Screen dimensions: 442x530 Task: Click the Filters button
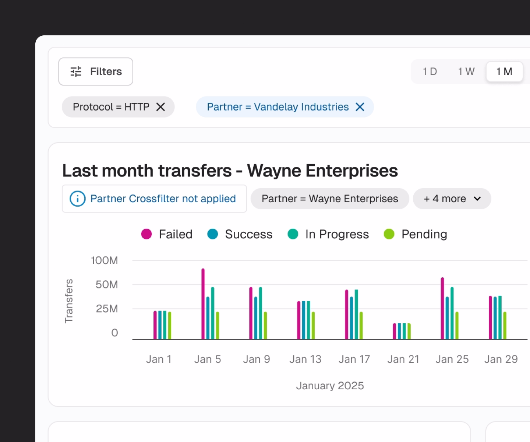[96, 71]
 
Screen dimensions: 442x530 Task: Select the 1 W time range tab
[466, 71]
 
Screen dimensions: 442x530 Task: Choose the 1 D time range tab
[430, 71]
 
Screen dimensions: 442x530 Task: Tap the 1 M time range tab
[504, 71]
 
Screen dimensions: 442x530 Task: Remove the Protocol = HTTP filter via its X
[160, 107]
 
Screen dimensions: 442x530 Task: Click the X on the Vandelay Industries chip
[360, 107]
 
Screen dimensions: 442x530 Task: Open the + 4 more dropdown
[452, 199]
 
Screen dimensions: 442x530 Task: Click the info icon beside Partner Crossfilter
[78, 199]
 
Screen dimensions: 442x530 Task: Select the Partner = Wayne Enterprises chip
[330, 199]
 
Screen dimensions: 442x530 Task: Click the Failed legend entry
[167, 234]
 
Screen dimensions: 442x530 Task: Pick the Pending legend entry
[416, 234]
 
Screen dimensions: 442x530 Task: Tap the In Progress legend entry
[328, 234]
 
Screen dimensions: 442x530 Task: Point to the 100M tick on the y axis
[105, 260]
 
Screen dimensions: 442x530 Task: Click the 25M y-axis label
[107, 309]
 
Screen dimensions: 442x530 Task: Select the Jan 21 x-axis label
[403, 359]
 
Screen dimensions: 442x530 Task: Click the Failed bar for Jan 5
[203, 304]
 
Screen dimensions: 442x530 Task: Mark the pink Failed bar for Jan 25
[442, 308]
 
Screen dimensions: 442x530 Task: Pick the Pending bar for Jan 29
[505, 326]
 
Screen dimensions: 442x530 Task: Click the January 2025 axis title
[330, 386]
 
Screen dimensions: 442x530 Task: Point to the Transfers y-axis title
[69, 301]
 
